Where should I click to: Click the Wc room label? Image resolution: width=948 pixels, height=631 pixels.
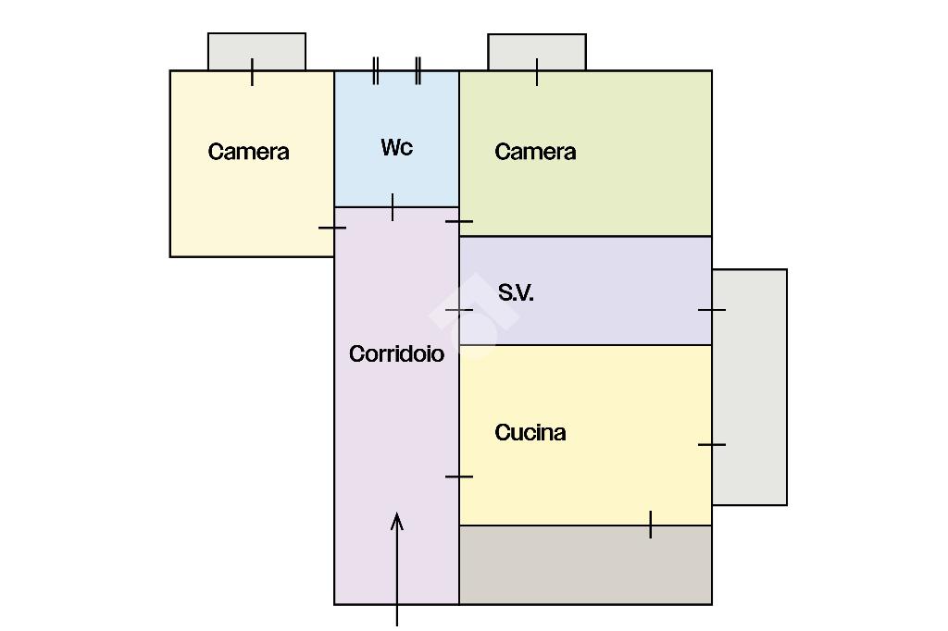click(x=396, y=147)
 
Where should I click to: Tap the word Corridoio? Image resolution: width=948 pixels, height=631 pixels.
click(x=396, y=353)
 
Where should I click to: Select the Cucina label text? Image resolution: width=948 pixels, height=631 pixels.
click(x=530, y=432)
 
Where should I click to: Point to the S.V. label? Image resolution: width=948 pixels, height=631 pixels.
click(x=516, y=292)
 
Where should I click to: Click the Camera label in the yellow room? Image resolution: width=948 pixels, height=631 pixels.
click(x=248, y=152)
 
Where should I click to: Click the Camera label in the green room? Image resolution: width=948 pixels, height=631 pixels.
click(x=535, y=152)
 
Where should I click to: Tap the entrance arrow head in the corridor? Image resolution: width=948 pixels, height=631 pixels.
click(x=397, y=521)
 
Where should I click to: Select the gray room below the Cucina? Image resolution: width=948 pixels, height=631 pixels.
click(x=585, y=565)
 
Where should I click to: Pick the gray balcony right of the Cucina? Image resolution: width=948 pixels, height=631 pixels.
click(x=750, y=387)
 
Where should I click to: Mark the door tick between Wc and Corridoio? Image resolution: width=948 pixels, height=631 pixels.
click(x=393, y=207)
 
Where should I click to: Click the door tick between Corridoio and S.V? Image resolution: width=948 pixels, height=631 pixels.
click(x=459, y=310)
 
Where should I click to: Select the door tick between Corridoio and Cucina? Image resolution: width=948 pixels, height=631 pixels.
click(x=459, y=476)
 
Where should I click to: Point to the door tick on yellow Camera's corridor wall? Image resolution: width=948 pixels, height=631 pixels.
click(x=332, y=228)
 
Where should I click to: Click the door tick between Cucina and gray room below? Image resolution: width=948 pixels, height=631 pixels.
click(x=651, y=525)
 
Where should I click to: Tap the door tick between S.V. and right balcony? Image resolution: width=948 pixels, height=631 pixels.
click(x=712, y=310)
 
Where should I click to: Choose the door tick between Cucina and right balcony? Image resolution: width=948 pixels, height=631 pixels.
click(x=712, y=445)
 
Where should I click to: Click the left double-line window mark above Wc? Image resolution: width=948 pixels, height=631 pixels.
click(x=376, y=70)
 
